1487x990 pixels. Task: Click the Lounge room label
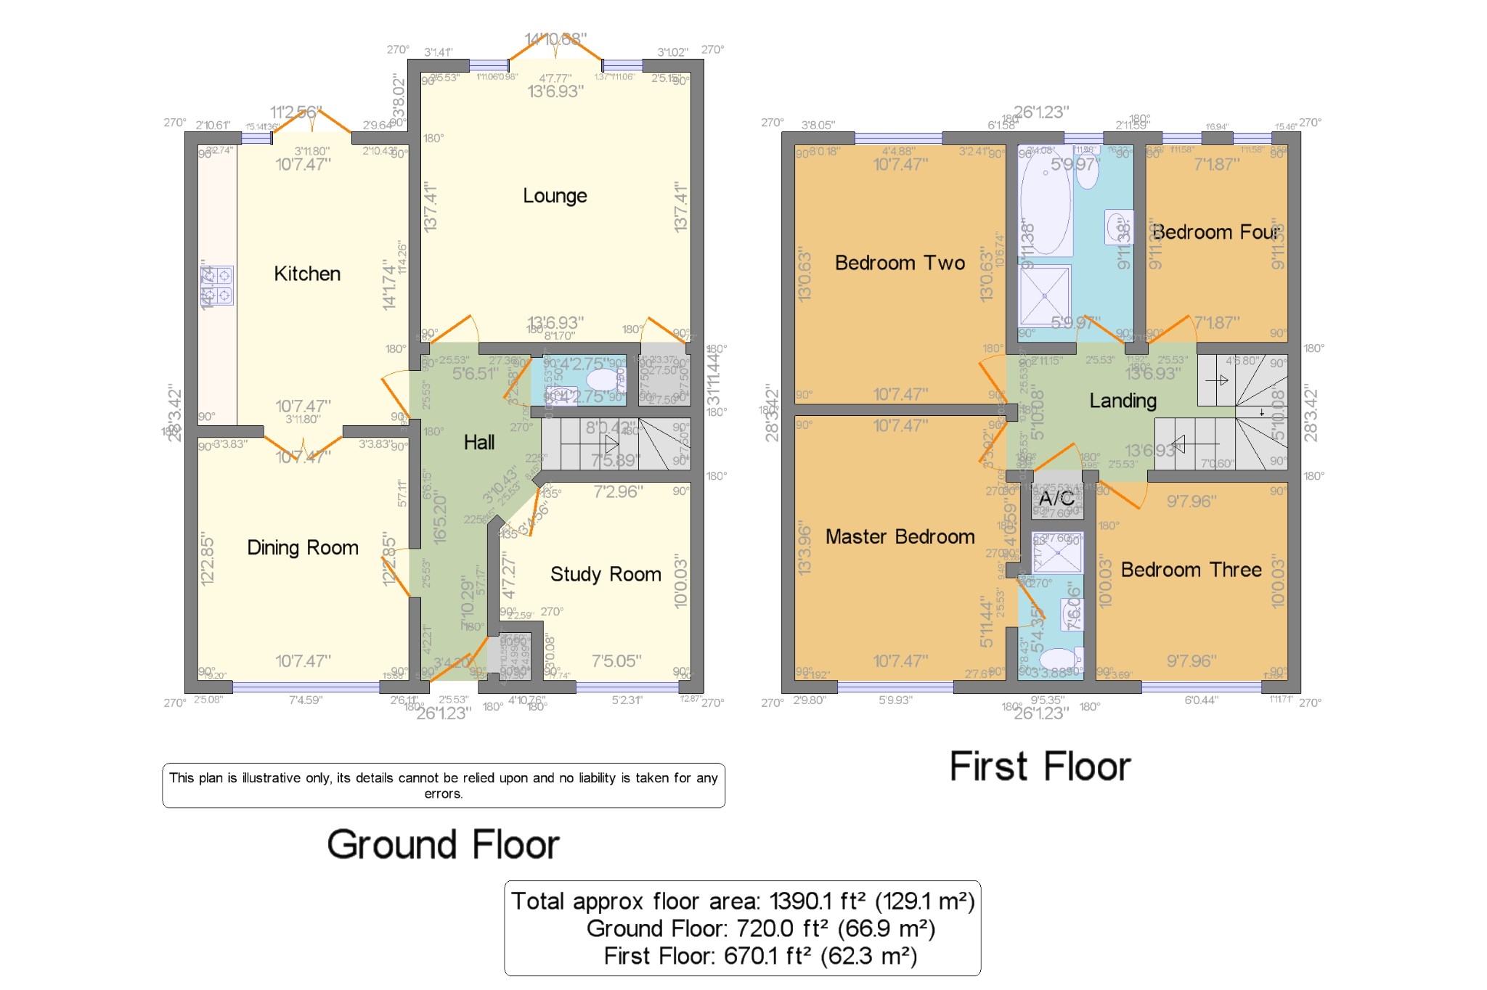[555, 196]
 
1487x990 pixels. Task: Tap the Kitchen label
[307, 274]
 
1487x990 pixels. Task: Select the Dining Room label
[302, 547]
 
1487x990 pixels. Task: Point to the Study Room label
[606, 574]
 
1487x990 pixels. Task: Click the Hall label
[479, 442]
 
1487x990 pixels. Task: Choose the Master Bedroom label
[900, 536]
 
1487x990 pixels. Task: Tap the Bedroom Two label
[900, 263]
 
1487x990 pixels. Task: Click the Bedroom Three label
[1191, 570]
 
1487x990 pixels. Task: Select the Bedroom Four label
[1215, 232]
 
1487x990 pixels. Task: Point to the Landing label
[1123, 401]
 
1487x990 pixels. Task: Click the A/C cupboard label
[1056, 498]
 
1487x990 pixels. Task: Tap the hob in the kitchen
[217, 285]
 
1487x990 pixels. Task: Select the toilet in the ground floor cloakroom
[603, 380]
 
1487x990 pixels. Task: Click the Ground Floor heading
[443, 844]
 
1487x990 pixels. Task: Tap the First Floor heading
[1040, 766]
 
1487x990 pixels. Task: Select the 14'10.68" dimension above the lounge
[555, 38]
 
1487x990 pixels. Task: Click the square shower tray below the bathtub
[1045, 295]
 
